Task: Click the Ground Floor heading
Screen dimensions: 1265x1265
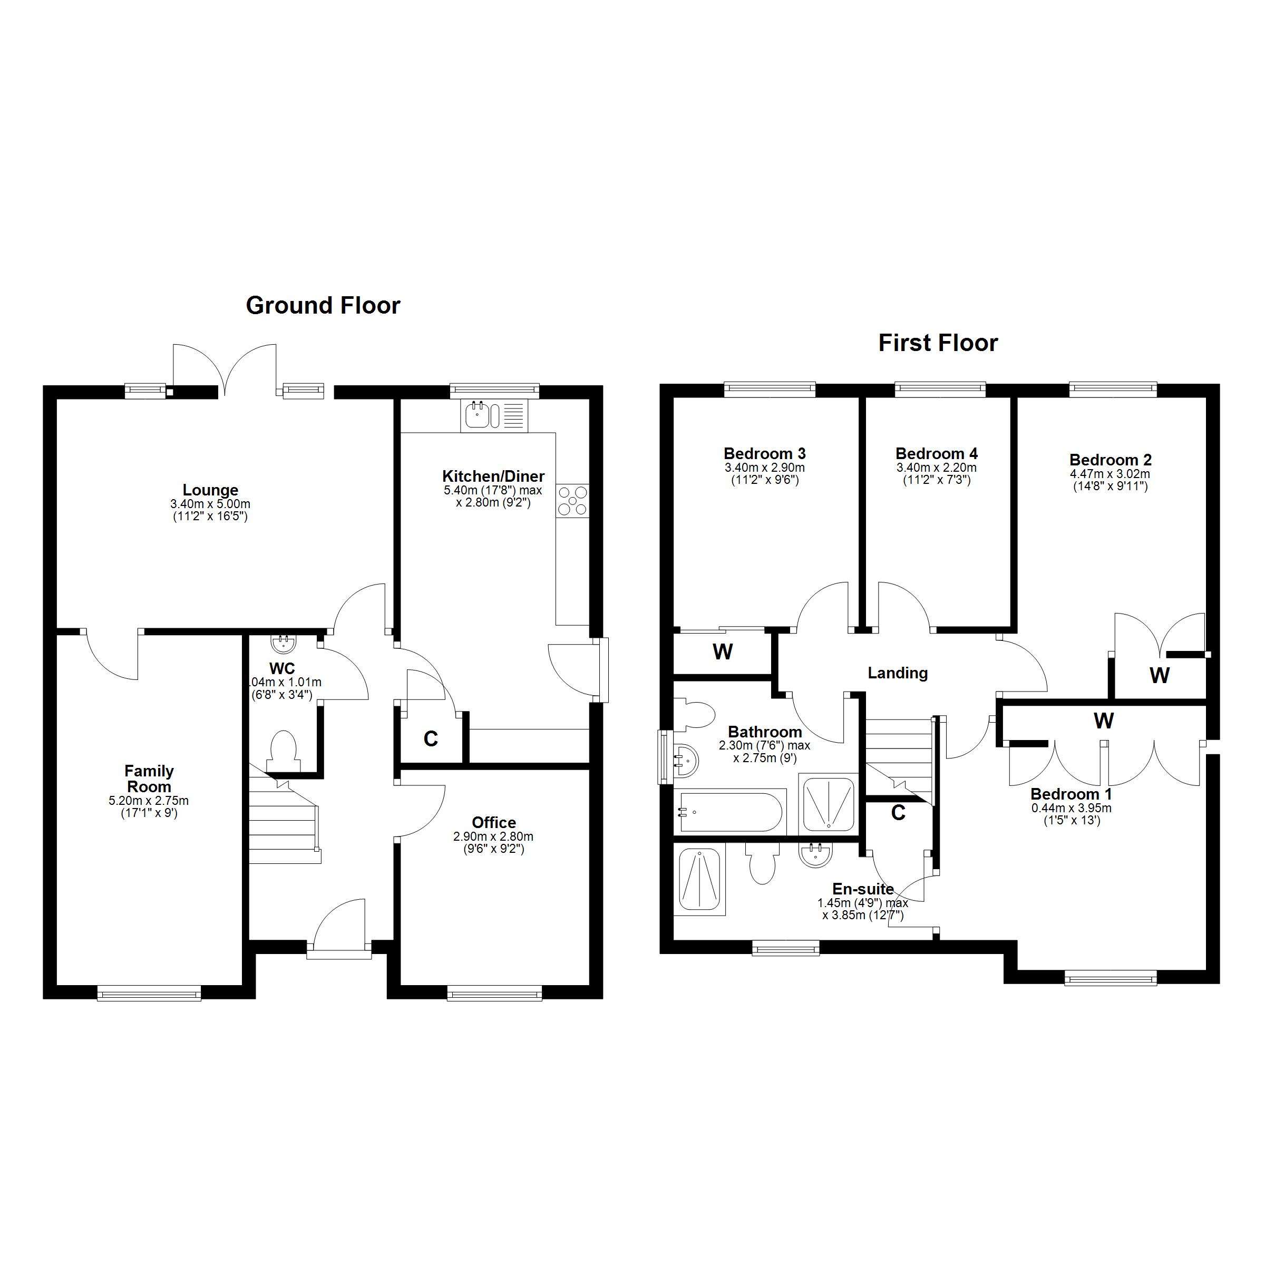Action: [323, 306]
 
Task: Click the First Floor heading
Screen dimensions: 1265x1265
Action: [938, 343]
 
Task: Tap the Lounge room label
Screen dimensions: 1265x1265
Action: [210, 490]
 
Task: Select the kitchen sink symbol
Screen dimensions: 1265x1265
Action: [494, 415]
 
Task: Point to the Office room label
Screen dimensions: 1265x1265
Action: [494, 822]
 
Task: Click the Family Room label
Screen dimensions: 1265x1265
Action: [149, 779]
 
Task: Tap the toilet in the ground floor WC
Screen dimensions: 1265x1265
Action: [283, 752]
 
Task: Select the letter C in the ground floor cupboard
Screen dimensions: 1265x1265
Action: [430, 738]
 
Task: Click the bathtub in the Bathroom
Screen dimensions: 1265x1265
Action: [730, 812]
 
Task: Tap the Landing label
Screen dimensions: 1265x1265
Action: [897, 673]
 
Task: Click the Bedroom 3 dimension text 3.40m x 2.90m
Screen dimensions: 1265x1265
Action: [764, 468]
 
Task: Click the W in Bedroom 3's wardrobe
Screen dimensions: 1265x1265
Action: [722, 652]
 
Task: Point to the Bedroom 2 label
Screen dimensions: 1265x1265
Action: [1111, 460]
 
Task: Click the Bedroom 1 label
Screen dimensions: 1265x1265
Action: [1071, 794]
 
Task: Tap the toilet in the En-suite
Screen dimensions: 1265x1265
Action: [762, 863]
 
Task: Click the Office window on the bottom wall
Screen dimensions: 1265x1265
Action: [494, 994]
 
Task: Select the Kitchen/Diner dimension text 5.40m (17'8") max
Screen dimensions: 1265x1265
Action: [493, 490]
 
